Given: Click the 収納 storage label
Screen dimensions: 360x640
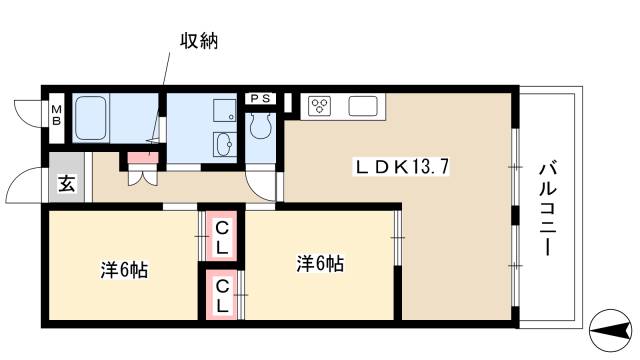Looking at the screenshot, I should (198, 41).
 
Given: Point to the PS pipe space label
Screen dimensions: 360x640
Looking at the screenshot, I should (262, 97).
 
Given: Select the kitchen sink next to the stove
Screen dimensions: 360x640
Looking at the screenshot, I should (362, 105).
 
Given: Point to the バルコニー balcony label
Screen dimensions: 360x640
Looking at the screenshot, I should (547, 208).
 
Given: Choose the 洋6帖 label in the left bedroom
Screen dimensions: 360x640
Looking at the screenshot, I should (124, 270).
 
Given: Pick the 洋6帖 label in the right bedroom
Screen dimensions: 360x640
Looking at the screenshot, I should (320, 264).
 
